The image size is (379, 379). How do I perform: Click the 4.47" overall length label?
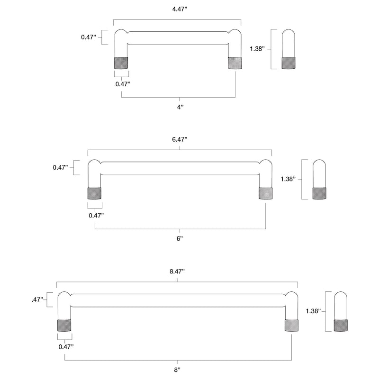tap(180, 9)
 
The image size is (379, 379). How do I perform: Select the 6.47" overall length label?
tap(180, 139)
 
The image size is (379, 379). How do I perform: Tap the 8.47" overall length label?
tap(177, 271)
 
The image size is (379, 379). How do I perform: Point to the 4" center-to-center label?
tap(180, 107)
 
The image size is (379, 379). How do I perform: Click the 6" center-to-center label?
tap(180, 239)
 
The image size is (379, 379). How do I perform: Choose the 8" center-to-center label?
tap(177, 370)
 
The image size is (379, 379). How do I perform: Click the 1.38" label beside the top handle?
tap(257, 49)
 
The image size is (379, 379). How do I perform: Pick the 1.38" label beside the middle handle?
tap(288, 179)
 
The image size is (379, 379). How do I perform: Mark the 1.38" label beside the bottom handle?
tap(313, 311)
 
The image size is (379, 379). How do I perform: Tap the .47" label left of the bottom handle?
tap(37, 300)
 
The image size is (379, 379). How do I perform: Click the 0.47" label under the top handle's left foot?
tap(123, 84)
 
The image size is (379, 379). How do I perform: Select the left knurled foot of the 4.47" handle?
tap(121, 63)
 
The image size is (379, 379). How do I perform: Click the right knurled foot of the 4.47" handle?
tap(235, 63)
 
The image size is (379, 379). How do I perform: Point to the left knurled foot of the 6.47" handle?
tap(94, 193)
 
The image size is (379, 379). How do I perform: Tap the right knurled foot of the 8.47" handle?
tap(291, 325)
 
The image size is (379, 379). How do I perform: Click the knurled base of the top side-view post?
tap(289, 63)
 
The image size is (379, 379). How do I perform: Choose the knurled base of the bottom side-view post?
tap(341, 325)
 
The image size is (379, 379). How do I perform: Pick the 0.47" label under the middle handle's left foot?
tap(96, 216)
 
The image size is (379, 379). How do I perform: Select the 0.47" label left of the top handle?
tap(89, 37)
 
